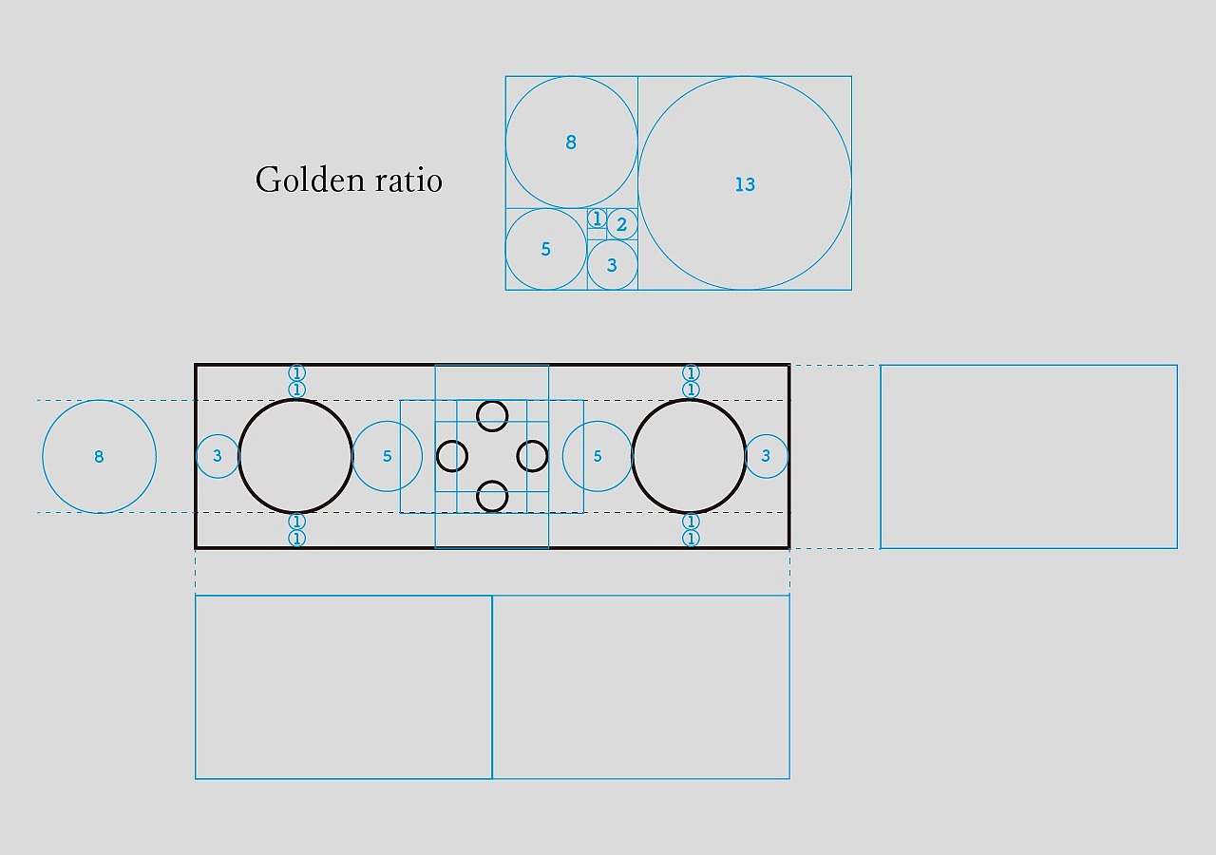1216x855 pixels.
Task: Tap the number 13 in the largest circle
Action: (745, 184)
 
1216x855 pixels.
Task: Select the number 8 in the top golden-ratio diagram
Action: (571, 142)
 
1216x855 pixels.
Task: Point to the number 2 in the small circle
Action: (621, 224)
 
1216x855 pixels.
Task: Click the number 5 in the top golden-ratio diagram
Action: (545, 249)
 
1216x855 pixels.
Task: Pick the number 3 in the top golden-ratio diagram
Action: (612, 265)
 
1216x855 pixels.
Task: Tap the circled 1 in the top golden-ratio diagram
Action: (598, 218)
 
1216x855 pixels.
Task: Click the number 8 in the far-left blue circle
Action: (99, 457)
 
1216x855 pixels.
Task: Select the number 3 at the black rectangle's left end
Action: (218, 456)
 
